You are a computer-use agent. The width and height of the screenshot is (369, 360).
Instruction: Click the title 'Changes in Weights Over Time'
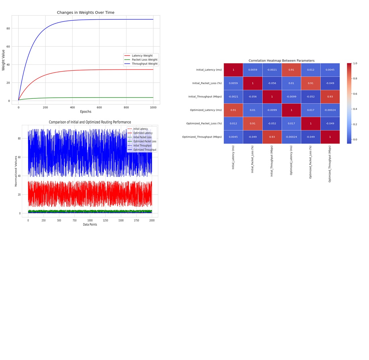coord(86,12)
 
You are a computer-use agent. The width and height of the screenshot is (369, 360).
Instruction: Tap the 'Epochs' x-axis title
coord(86,111)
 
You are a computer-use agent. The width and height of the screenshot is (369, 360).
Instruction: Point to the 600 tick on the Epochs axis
coord(99,107)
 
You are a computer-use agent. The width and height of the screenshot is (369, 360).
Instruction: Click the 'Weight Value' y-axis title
coord(3,60)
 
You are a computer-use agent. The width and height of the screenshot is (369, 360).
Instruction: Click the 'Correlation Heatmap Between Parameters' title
coord(281,61)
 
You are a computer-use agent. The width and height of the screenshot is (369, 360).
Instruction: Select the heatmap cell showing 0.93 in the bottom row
coord(272,137)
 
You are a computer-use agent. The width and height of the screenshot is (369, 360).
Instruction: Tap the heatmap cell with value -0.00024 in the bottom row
coord(291,137)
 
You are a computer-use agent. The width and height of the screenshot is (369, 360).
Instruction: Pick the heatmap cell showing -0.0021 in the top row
coord(272,70)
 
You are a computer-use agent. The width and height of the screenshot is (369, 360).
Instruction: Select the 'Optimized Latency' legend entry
coord(143,133)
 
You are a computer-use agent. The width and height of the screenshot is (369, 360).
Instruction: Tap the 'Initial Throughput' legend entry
coord(142,145)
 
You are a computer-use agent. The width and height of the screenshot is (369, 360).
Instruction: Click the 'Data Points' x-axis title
coord(90,224)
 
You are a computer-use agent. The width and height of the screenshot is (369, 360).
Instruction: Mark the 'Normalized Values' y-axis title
coord(16,171)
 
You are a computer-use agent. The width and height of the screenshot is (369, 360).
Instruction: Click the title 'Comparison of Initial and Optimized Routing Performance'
coord(90,122)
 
